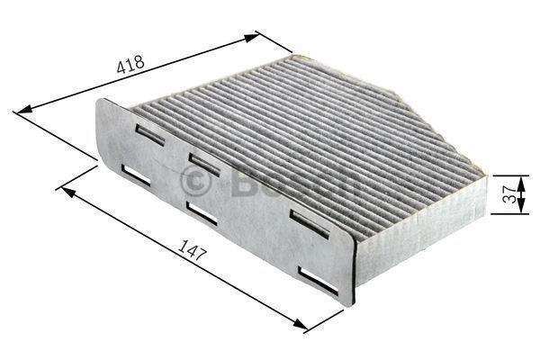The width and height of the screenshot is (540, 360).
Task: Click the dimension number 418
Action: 130,65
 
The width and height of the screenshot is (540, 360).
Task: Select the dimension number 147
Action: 193,249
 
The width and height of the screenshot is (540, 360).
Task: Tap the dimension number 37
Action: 509,194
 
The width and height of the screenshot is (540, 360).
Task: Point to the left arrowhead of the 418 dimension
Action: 25,110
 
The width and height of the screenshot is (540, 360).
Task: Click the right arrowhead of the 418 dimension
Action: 250,38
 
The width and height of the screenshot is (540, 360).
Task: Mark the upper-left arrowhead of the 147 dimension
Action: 68,193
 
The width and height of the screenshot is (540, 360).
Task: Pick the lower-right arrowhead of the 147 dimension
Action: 300,324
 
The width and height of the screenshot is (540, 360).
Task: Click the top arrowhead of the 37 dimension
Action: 522,184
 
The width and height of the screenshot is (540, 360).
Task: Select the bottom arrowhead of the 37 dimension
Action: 522,206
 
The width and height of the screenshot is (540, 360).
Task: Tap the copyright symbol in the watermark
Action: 195,182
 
